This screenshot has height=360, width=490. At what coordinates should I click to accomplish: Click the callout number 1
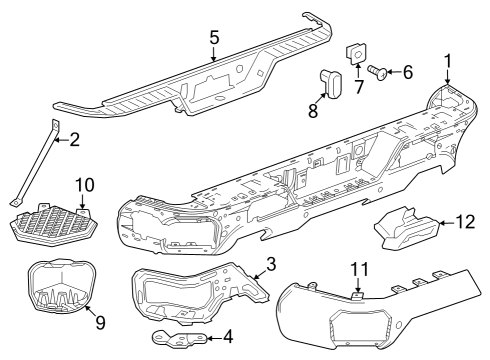tap(448, 59)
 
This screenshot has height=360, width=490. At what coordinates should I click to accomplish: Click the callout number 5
tap(213, 37)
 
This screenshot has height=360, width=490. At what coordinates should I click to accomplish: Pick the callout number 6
tap(407, 71)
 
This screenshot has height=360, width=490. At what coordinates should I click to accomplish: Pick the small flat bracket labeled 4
tap(181, 338)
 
